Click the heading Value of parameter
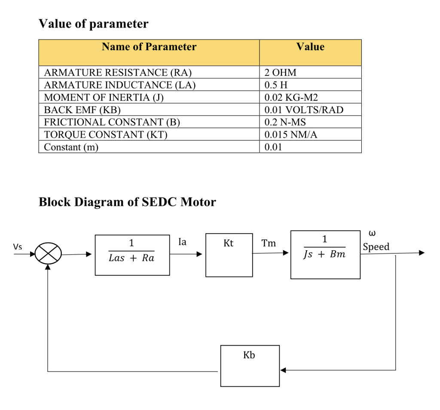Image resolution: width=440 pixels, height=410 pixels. (x=93, y=24)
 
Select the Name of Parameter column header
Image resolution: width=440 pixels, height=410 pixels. (x=149, y=47)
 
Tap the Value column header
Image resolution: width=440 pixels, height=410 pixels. (x=310, y=47)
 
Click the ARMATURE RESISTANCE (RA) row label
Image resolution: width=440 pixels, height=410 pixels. (x=118, y=73)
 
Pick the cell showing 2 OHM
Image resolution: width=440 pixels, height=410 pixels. (x=281, y=73)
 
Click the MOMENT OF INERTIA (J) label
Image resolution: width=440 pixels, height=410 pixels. (x=104, y=97)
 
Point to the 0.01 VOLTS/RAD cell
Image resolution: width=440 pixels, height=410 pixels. (x=304, y=110)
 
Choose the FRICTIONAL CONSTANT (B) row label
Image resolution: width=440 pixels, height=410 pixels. (x=112, y=122)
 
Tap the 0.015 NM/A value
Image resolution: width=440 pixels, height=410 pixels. (x=291, y=135)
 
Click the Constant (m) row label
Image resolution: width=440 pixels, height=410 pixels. (x=71, y=147)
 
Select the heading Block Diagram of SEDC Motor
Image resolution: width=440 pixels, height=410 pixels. (x=127, y=202)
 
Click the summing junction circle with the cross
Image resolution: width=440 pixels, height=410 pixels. (x=48, y=255)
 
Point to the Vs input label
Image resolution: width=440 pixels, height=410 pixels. (x=18, y=247)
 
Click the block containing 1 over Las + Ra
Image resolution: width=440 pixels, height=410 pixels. (x=132, y=255)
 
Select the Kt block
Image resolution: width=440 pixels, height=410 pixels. (x=229, y=255)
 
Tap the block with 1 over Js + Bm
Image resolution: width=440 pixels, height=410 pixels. (x=325, y=255)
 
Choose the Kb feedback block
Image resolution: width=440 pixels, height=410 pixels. (x=250, y=365)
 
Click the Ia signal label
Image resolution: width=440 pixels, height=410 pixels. (x=182, y=242)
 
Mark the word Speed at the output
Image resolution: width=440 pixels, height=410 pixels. (x=376, y=247)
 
